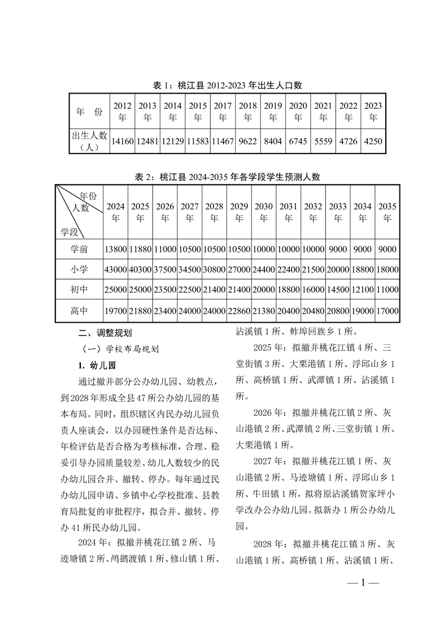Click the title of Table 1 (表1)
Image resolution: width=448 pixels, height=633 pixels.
(228, 86)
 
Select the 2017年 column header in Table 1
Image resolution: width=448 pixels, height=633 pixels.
(223, 111)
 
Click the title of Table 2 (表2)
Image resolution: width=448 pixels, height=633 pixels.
(227, 177)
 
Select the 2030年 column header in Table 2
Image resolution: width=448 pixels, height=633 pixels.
(264, 212)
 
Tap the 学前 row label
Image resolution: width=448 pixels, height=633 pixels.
(79, 249)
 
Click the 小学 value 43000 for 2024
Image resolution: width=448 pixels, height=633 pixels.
(115, 270)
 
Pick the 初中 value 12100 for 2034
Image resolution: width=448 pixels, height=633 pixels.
(362, 290)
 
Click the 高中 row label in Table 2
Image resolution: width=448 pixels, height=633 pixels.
(79, 311)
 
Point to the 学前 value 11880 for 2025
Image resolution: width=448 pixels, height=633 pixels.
(140, 249)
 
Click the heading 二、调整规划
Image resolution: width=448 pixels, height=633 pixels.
(105, 333)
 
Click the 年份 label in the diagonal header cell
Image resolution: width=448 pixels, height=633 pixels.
(88, 195)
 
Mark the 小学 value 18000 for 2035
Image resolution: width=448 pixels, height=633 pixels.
(387, 270)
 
